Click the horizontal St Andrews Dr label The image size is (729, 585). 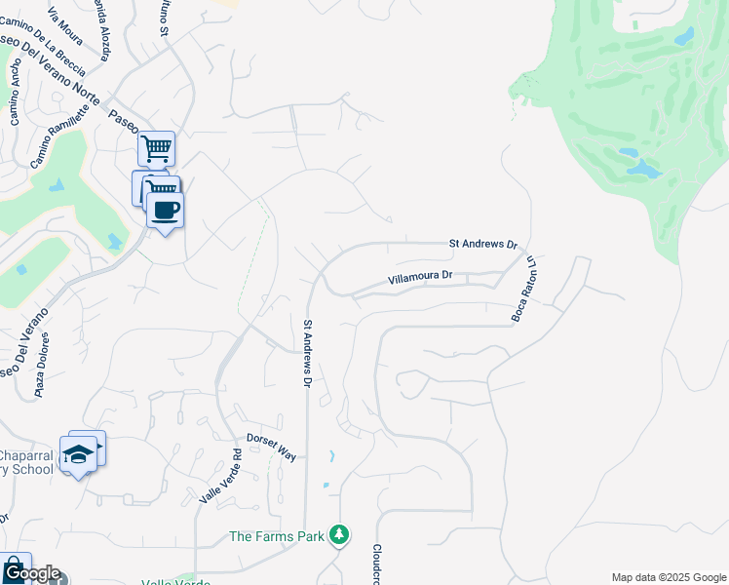482,243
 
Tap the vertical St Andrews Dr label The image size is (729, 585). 307,353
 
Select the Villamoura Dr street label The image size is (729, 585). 420,277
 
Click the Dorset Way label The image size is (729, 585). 270,446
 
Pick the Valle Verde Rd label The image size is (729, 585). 221,475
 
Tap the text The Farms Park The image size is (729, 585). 278,535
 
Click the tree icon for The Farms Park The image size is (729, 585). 339,534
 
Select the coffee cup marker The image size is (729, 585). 166,210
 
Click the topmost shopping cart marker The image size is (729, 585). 156,149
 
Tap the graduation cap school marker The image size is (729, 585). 78,454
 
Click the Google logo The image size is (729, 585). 31,573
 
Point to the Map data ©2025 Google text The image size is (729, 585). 669,577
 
